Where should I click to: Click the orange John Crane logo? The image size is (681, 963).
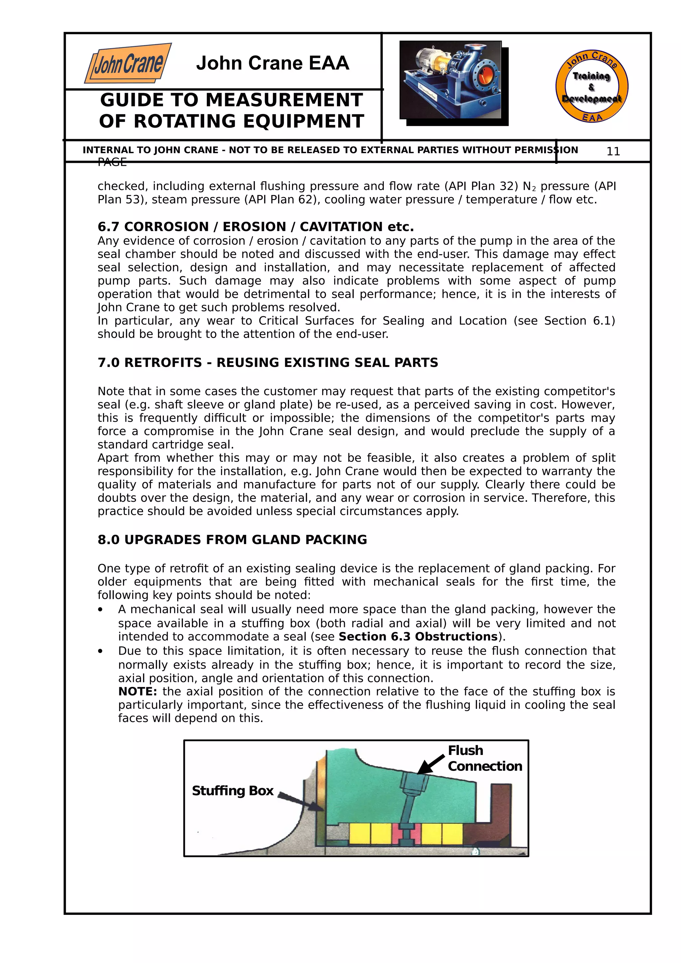128,63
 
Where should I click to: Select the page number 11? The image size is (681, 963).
613,152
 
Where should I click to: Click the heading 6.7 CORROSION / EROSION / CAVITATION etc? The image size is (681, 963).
255,227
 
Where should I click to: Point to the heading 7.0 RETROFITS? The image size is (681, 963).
268,363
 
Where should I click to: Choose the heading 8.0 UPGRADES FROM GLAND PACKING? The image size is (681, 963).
232,539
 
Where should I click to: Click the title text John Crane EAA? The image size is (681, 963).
272,63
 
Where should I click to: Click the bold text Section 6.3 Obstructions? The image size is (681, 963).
418,636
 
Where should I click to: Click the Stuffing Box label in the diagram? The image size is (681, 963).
232,791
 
